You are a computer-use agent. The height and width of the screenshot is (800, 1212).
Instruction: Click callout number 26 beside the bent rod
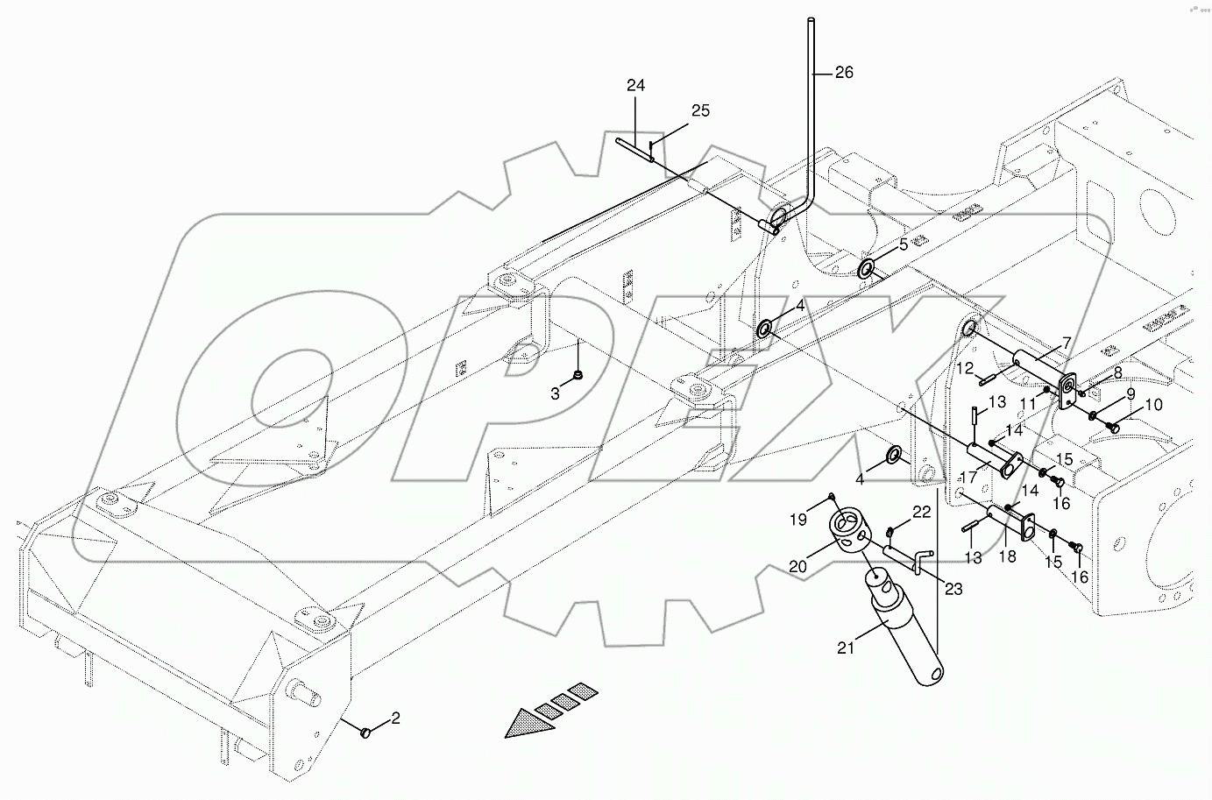843,74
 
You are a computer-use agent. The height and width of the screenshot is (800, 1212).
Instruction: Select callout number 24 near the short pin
635,86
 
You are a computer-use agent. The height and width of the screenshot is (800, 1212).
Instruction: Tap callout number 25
700,110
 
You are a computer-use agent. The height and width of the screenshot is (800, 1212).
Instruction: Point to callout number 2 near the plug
395,719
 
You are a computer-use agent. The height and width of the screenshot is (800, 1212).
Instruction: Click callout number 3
555,394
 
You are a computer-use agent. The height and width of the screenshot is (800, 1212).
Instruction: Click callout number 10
1153,405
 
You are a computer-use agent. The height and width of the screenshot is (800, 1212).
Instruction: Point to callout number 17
968,478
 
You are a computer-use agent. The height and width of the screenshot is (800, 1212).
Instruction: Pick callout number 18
1008,556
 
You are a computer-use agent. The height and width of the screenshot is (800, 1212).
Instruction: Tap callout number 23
953,590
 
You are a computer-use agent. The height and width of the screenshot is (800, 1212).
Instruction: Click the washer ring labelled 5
866,267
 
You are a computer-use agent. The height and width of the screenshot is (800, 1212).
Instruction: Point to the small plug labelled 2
368,730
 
